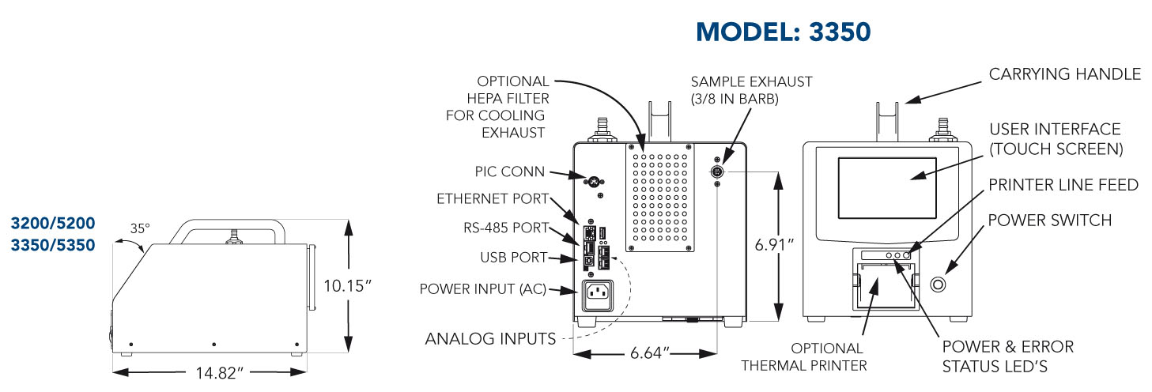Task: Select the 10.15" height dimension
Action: [x=348, y=286]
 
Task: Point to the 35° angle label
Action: [x=140, y=229]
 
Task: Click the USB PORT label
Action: [x=513, y=257]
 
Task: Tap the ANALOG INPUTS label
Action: [x=490, y=339]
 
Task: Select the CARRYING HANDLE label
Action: [x=1065, y=74]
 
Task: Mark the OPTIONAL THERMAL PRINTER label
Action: [x=828, y=356]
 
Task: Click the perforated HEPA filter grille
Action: [x=661, y=198]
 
